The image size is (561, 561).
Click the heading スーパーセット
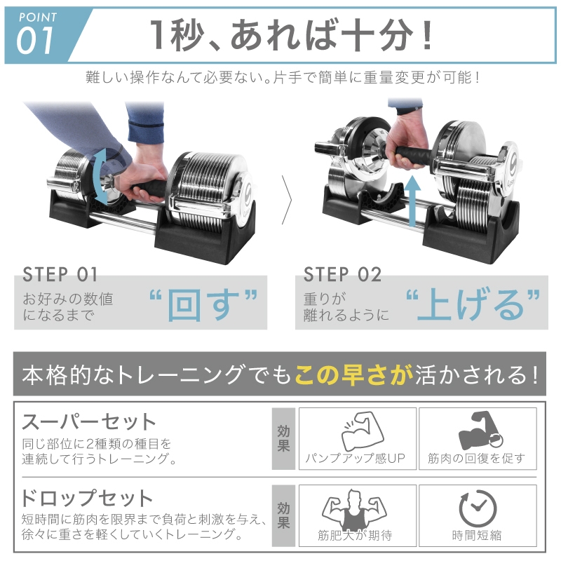click(x=88, y=422)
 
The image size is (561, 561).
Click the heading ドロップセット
click(x=87, y=499)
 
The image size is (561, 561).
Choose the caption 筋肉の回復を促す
click(x=476, y=459)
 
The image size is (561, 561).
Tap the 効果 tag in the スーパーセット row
click(x=283, y=438)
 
